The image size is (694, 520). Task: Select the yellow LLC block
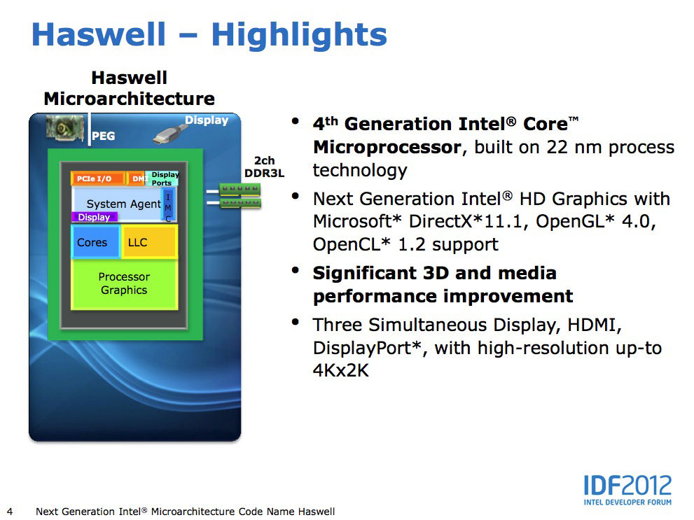[x=148, y=242]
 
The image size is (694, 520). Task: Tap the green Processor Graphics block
[x=124, y=284]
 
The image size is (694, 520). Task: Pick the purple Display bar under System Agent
[x=94, y=217]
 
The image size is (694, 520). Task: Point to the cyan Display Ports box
[x=164, y=179]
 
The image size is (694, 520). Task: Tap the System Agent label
[x=124, y=204]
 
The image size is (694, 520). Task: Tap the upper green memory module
[x=240, y=189]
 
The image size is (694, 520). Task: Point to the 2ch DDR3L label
[x=264, y=167]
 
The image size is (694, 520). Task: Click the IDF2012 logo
[x=627, y=489]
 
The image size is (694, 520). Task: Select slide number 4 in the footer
[x=10, y=511]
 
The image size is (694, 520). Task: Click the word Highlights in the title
[x=299, y=34]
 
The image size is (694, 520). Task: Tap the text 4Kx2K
[x=340, y=370]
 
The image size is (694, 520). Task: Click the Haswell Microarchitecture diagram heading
[x=129, y=87]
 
